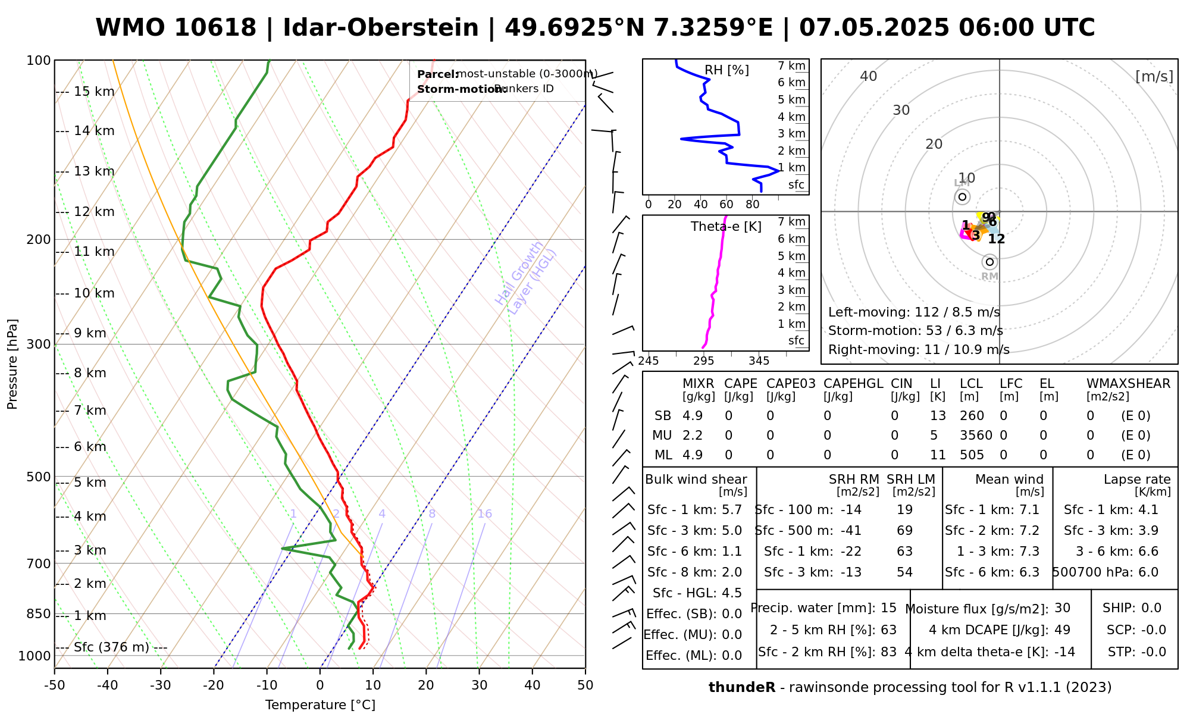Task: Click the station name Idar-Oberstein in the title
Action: [381, 28]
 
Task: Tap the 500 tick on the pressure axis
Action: [39, 477]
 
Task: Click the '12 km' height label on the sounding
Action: [94, 212]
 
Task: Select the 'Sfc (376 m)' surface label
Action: [112, 647]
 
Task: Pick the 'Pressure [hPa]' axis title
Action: [12, 364]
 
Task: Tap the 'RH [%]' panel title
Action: [726, 70]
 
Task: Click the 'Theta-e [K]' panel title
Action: [726, 227]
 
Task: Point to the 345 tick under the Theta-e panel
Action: [759, 361]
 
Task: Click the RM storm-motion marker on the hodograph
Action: [989, 262]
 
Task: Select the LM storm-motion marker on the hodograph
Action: [962, 197]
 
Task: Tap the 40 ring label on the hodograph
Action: [869, 76]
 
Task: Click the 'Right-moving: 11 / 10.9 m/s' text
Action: [919, 350]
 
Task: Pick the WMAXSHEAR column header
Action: [1128, 384]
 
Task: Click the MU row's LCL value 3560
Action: [976, 436]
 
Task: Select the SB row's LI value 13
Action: [938, 416]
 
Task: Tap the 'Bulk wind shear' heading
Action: [696, 480]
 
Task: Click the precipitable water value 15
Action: [888, 608]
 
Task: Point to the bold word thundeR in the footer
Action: [742, 688]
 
